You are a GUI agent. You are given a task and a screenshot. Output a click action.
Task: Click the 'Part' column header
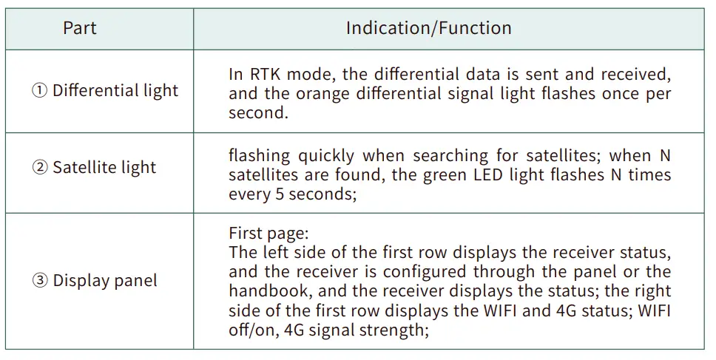point(80,29)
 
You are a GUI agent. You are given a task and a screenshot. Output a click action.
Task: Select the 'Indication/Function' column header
point(428,29)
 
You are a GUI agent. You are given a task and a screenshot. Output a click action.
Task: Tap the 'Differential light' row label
point(115,91)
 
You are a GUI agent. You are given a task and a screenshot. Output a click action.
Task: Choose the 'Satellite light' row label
point(104,167)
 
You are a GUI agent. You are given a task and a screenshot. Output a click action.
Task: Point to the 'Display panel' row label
point(105,281)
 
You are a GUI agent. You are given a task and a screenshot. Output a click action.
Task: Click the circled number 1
point(39,91)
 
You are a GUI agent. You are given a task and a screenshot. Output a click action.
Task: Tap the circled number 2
point(39,167)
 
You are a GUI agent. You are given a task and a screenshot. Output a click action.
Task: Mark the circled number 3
point(39,281)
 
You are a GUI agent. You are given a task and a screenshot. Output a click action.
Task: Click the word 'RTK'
point(266,74)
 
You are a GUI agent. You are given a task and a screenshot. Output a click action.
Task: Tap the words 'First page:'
point(268,233)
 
